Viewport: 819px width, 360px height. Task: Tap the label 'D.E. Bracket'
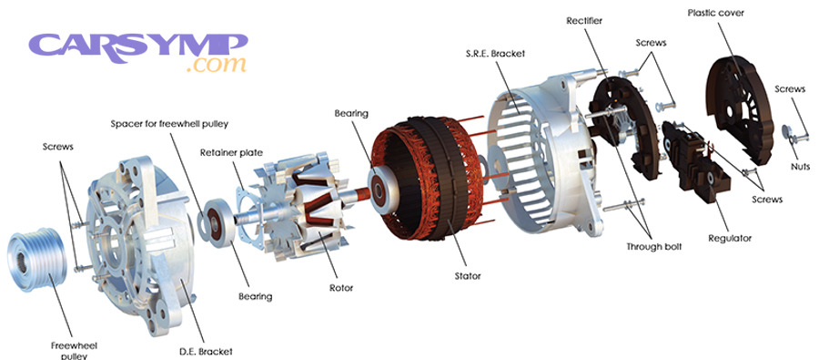(207, 351)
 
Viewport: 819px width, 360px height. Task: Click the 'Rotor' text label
(341, 288)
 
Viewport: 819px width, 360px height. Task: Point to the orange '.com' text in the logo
(216, 65)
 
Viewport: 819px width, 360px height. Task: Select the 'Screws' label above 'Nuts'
(789, 88)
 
